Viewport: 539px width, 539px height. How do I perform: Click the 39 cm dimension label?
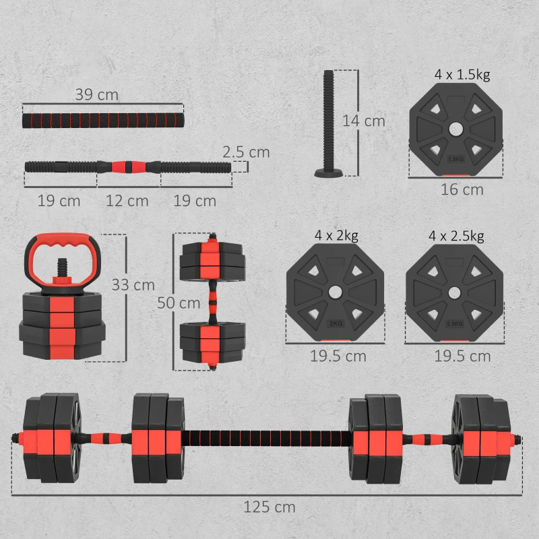pos(96,95)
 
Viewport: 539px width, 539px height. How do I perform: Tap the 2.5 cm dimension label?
pos(247,152)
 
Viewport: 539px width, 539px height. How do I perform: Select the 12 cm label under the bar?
pos(128,201)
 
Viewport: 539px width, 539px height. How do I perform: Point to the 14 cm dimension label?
pos(364,121)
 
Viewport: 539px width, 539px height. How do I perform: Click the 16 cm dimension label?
pos(462,190)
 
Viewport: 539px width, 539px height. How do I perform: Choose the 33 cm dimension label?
pos(133,285)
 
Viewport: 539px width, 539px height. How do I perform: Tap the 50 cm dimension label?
pos(179,303)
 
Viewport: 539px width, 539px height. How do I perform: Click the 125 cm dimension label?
pos(269,507)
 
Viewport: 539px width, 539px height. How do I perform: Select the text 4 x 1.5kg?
pos(462,75)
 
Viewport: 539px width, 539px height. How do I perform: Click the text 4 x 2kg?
pos(336,236)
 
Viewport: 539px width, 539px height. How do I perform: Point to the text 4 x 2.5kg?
pos(456,236)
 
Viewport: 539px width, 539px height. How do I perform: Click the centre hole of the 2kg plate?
pos(335,291)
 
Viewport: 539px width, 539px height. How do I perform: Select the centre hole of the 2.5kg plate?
pos(454,292)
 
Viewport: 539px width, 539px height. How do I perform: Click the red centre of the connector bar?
pos(128,165)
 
